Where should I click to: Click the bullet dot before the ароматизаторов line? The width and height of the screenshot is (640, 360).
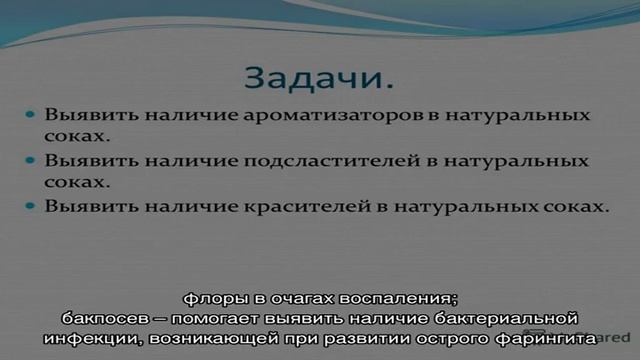tap(32, 116)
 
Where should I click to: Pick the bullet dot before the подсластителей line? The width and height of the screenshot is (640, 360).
tap(32, 161)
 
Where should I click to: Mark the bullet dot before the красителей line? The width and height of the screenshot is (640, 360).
tap(32, 207)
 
